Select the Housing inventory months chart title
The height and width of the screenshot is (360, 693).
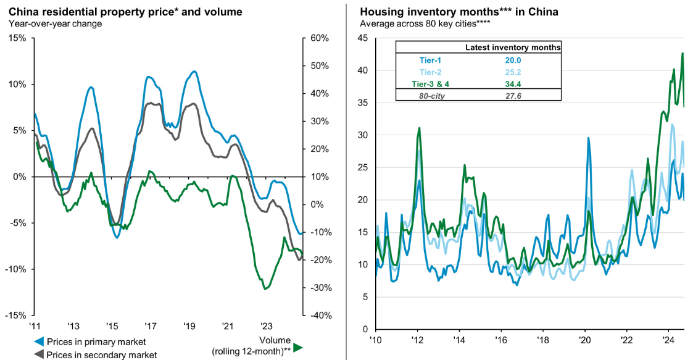click(x=459, y=12)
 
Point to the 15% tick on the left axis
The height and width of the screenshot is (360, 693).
click(x=17, y=38)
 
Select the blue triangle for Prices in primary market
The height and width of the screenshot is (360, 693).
click(x=39, y=341)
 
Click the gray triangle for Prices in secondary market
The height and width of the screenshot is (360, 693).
click(x=39, y=354)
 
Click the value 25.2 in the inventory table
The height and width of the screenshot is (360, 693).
click(x=513, y=72)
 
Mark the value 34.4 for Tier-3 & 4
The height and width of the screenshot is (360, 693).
click(x=513, y=84)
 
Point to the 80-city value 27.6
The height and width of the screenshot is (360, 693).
click(x=513, y=95)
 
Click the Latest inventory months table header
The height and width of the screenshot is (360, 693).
click(x=512, y=47)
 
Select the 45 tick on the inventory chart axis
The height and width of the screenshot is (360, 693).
click(x=363, y=38)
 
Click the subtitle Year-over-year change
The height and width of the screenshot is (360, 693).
click(x=55, y=23)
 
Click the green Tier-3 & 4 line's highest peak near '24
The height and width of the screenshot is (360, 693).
click(x=683, y=53)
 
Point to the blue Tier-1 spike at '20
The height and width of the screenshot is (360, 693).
click(x=588, y=138)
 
